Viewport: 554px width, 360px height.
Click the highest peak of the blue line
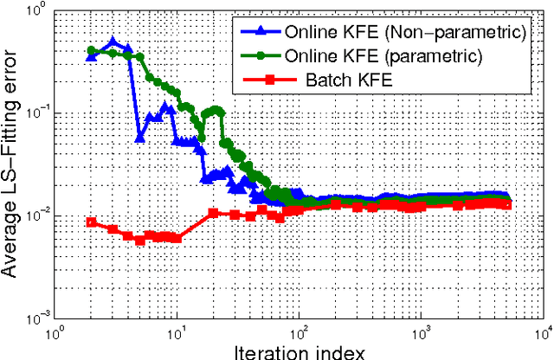point(113,42)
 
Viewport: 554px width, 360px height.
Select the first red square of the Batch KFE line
point(92,222)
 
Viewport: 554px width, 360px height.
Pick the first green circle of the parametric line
point(92,50)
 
